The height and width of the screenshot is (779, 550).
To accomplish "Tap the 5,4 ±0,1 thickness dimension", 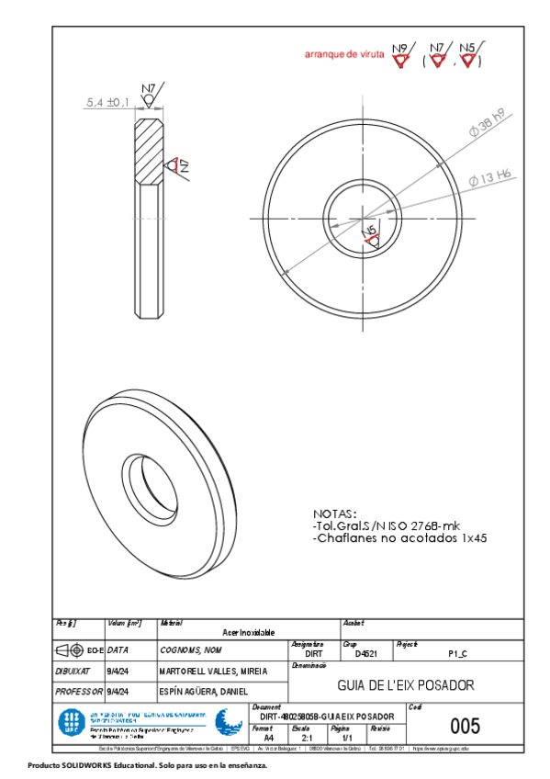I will coord(107,104).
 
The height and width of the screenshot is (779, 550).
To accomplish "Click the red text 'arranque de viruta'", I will coord(344,55).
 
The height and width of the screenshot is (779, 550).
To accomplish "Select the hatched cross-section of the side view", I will coord(150,152).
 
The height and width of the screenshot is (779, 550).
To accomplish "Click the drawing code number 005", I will coord(465,726).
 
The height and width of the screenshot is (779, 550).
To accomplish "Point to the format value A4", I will coord(268,737).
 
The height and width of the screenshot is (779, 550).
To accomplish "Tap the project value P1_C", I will coord(457,653).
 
